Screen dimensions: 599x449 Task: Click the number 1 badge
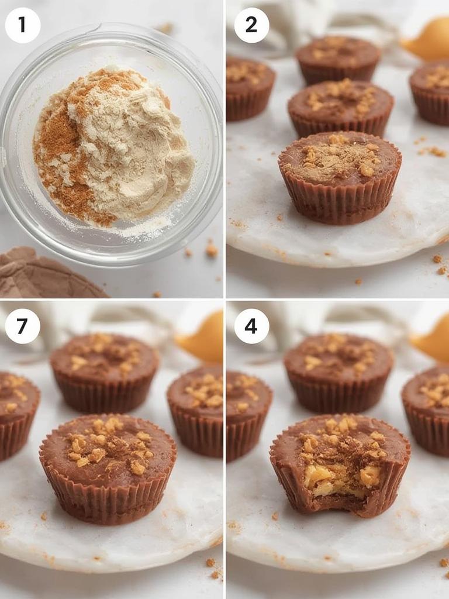click(23, 25)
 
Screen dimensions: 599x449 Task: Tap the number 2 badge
click(251, 25)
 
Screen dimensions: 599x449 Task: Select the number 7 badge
click(23, 326)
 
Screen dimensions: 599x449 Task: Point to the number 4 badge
click(251, 326)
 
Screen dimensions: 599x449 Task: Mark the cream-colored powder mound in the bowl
click(140, 140)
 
